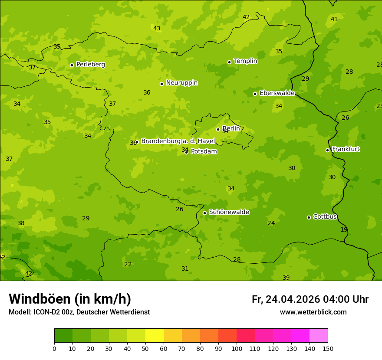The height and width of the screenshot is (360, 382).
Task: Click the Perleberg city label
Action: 90,65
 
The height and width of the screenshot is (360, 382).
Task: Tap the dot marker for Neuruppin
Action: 161,84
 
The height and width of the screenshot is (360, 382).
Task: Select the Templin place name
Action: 245,61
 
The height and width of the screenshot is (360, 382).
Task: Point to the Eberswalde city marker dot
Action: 255,94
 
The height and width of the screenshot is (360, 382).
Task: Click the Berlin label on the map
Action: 231,128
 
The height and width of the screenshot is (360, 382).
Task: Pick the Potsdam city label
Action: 204,151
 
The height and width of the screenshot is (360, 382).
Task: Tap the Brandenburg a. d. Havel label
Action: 178,141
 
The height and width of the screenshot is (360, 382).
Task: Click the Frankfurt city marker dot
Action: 327,150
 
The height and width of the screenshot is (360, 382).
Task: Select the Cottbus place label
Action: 325,216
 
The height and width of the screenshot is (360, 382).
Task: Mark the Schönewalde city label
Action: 229,212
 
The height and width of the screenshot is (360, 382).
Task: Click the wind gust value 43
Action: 157,29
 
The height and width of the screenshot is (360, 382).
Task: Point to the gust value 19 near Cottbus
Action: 344,229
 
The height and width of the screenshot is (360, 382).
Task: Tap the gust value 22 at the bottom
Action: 128,264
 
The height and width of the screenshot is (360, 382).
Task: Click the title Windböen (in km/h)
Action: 70,299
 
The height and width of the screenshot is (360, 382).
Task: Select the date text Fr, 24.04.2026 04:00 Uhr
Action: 310,299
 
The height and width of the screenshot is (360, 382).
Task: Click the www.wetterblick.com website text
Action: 313,312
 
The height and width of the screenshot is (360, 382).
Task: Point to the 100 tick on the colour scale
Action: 237,349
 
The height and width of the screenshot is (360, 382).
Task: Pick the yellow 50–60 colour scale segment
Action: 155,336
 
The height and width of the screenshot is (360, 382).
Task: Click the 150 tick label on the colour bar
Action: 328,349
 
